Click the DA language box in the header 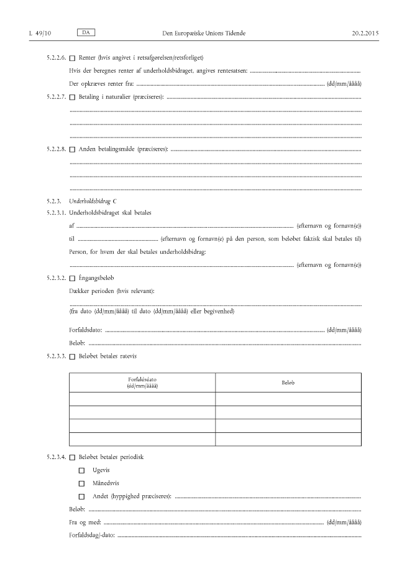(86, 31)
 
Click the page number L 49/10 (39, 32)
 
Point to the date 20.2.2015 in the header (365, 32)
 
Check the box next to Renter (72, 58)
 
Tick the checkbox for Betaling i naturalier (72, 98)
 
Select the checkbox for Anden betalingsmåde (72, 149)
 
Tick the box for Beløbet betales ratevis (72, 356)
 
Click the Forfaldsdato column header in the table (142, 382)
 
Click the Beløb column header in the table (288, 382)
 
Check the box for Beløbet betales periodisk (72, 458)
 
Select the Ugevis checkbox (81, 470)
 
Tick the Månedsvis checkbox (81, 483)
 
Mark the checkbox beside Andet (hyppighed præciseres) (81, 496)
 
